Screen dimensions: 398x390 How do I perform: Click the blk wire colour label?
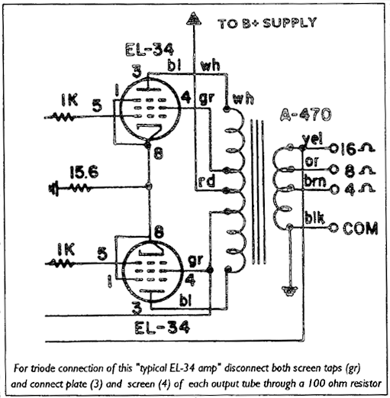pos(313,216)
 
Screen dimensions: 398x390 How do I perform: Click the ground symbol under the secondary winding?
pos(289,290)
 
